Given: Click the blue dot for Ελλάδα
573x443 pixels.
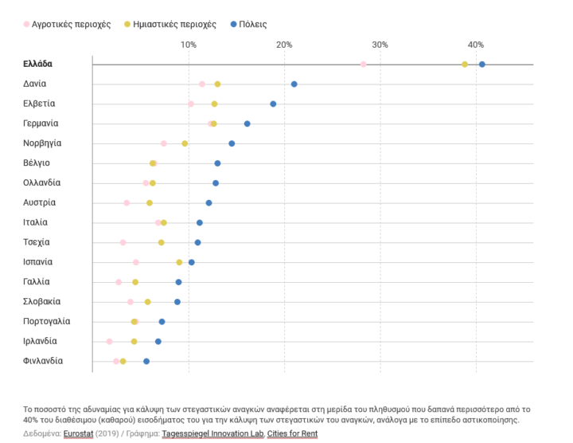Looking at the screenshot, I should pos(482,65).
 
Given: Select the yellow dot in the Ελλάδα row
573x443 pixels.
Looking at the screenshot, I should pos(465,65).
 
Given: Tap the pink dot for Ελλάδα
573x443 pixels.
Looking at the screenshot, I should pos(364,65).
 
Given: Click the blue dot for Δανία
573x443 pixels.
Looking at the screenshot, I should pos(294,84).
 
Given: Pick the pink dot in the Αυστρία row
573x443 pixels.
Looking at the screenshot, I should pos(127,203).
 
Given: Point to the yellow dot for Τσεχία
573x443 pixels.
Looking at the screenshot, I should pos(162,242).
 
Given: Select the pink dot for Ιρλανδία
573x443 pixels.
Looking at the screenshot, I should pos(109,342).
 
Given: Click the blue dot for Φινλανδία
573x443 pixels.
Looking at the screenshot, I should pos(146,362).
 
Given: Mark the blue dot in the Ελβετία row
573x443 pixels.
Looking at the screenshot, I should pos(273,104).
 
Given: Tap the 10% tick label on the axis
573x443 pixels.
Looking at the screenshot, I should pos(189,45).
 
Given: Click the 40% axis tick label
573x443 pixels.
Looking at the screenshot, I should pos(476,45).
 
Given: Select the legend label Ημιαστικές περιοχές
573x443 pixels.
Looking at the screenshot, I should pos(173,25).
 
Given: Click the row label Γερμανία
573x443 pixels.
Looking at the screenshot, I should pos(41,123).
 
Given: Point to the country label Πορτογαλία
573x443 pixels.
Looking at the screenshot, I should pos(47,322).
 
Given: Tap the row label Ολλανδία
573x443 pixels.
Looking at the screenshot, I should pos(42,183).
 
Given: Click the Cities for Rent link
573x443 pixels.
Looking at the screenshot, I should pos(292,433).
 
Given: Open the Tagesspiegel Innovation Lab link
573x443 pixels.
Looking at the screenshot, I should pos(212,433).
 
